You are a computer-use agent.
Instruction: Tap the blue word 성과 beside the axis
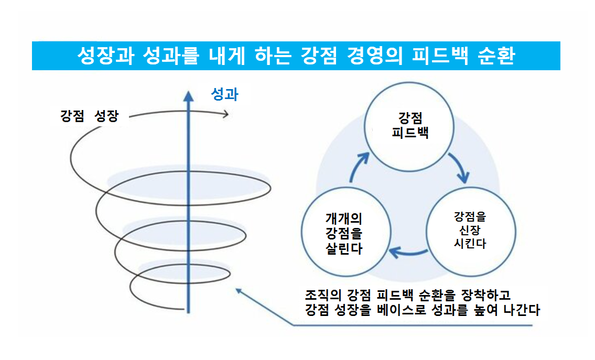tap(224, 94)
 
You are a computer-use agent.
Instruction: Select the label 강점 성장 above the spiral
tap(89, 116)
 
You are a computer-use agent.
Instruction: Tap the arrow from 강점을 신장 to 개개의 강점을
tap(406, 253)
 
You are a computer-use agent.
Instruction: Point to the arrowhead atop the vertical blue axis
tap(187, 96)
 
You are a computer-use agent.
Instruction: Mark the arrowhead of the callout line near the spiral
tap(239, 289)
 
